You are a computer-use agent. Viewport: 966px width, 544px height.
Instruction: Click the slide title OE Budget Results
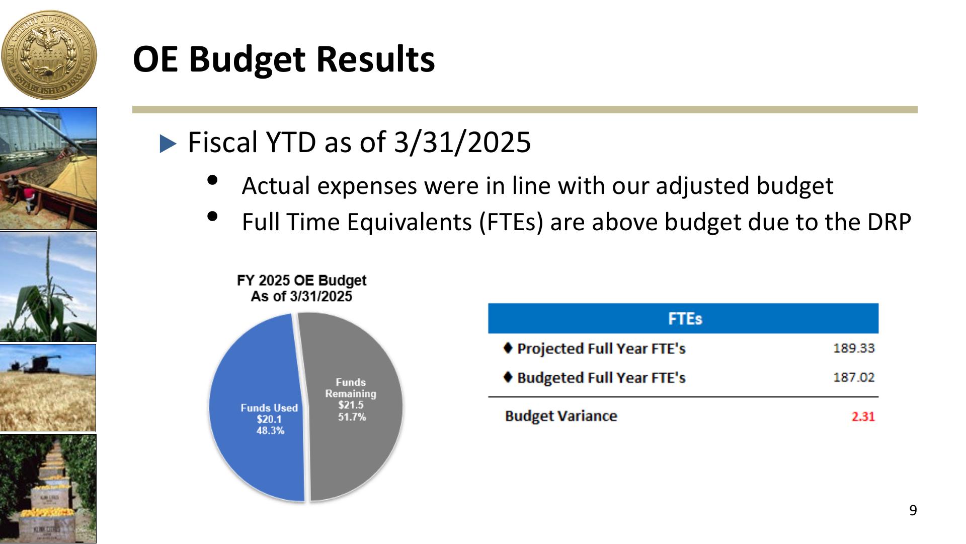point(284,59)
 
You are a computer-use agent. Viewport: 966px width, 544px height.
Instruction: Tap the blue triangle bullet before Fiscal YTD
point(168,144)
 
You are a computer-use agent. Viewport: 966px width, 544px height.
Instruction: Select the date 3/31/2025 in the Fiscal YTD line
point(462,142)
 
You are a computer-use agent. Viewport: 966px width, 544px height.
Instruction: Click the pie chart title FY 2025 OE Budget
point(302,281)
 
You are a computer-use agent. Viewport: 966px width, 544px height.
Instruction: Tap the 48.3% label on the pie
point(270,431)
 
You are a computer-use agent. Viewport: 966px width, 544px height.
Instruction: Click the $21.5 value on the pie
point(351,405)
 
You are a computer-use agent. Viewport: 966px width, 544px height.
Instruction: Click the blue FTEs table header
point(683,318)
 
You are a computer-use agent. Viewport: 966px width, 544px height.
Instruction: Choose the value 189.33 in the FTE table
point(854,348)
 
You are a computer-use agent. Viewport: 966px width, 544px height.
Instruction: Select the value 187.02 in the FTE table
point(854,377)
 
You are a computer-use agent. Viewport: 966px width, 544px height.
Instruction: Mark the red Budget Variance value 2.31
point(863,417)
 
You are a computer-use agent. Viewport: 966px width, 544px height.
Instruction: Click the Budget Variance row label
point(561,416)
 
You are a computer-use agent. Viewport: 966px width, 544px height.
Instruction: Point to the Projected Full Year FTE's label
point(601,349)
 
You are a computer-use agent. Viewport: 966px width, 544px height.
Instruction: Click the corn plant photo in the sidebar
point(48,287)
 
